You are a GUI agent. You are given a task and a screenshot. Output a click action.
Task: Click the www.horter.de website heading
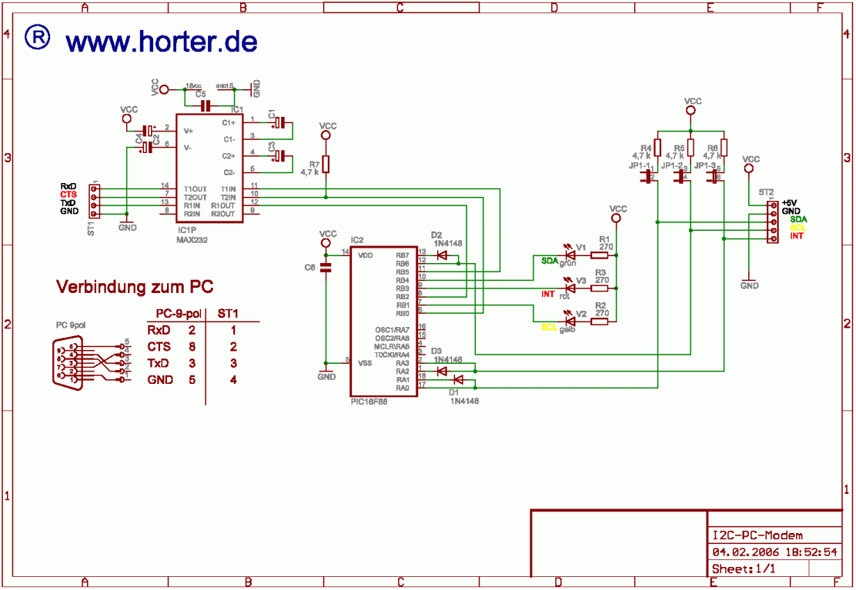(x=161, y=42)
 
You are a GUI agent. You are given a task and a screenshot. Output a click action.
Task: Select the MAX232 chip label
(x=192, y=239)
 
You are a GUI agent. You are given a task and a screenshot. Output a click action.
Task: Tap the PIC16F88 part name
(x=369, y=402)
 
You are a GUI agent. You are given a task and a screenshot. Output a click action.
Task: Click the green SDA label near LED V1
(x=549, y=261)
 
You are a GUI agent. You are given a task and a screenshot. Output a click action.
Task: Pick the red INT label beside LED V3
(x=548, y=294)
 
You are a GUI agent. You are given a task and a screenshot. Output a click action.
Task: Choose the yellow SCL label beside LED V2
(x=549, y=327)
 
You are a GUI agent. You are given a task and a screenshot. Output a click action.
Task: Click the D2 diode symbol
(x=442, y=255)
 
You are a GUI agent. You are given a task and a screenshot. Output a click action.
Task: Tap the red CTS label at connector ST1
(x=69, y=195)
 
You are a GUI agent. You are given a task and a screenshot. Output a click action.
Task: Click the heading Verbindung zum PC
(x=135, y=287)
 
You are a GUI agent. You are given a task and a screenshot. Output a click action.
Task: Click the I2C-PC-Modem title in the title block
(x=757, y=535)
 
